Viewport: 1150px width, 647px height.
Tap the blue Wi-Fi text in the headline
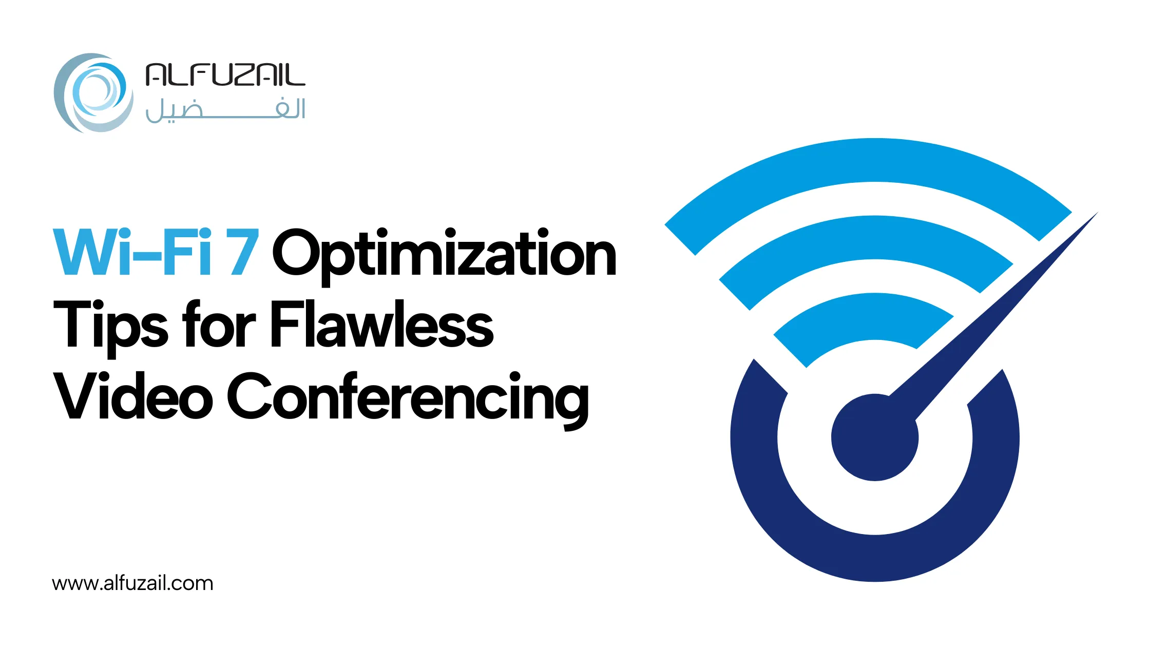(132, 252)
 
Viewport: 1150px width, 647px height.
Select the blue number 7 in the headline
(244, 252)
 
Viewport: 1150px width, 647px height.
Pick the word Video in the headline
(133, 395)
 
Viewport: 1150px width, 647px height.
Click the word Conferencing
(408, 401)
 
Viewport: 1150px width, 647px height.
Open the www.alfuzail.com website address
(132, 583)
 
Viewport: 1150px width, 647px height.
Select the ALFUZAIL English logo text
(225, 75)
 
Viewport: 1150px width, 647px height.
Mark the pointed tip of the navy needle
(1098, 212)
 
